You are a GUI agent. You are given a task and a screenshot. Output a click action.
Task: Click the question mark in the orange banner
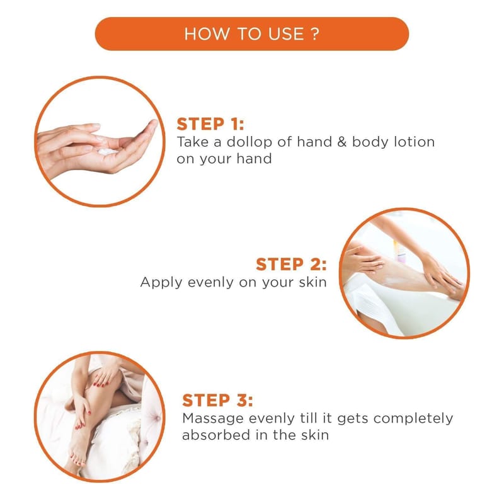[316, 34]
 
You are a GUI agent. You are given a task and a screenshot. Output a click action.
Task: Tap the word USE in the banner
[286, 34]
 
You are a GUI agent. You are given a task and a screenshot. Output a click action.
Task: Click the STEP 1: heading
[210, 124]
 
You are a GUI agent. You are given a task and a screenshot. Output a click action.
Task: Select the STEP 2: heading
[291, 264]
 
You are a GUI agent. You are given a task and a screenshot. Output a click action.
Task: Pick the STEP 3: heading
[217, 401]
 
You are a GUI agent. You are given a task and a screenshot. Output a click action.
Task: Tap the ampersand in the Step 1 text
[342, 142]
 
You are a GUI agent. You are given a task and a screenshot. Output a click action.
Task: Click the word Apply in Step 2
[161, 283]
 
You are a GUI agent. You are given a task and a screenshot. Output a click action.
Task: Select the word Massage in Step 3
[213, 419]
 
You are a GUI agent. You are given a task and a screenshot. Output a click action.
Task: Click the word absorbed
[216, 435]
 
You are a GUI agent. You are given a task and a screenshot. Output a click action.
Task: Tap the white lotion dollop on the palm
[107, 151]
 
